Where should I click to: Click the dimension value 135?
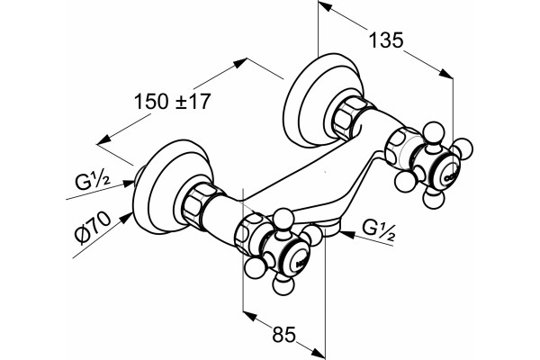click(x=386, y=40)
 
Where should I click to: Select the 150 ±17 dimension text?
click(x=172, y=102)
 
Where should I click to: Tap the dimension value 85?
click(x=284, y=334)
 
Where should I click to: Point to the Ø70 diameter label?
click(x=94, y=228)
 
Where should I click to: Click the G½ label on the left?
click(x=93, y=182)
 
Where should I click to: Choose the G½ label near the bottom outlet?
click(x=379, y=229)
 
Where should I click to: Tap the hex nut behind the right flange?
click(x=347, y=118)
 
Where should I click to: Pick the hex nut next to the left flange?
click(x=198, y=206)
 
